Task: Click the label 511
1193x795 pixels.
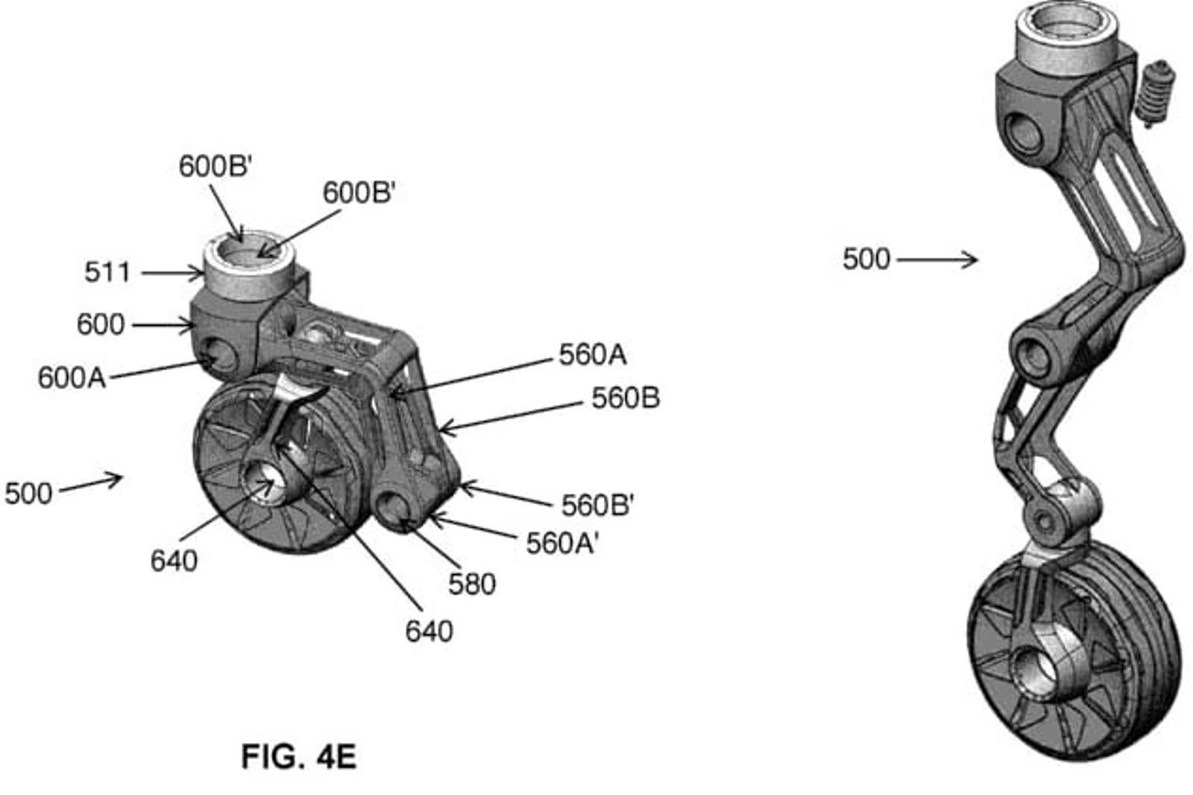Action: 107,273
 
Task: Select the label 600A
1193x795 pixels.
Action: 72,378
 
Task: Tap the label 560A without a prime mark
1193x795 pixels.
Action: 592,355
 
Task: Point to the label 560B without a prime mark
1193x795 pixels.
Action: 626,398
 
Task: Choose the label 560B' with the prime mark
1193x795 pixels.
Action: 597,505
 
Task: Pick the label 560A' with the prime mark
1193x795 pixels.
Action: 562,544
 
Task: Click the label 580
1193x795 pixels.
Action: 472,585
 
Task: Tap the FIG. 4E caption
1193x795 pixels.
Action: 299,757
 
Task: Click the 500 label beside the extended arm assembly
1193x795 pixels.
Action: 866,260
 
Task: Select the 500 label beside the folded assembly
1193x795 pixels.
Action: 28,494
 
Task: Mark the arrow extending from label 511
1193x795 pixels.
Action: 172,274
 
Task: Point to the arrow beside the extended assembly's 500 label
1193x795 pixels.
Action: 937,260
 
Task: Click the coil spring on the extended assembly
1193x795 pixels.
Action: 1155,93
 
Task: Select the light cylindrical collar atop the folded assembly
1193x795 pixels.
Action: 249,265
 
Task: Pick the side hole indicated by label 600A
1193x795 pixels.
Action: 219,353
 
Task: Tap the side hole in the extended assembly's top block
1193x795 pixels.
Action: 1022,133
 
